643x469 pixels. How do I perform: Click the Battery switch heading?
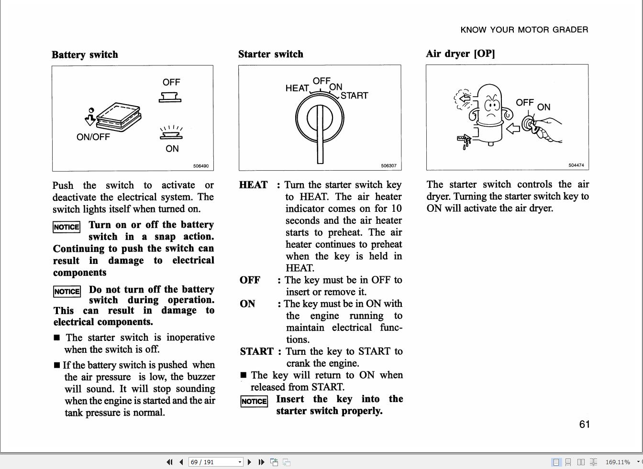coord(85,55)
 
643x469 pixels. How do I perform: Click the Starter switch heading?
coord(271,54)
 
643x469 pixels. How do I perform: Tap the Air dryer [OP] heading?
coord(460,54)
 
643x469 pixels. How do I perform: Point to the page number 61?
coord(584,424)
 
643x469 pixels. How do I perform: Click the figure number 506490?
coord(201,166)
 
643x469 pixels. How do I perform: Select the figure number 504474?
coord(576,165)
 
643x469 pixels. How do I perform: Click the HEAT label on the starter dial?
coord(297,88)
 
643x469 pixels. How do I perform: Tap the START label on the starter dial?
coord(354,96)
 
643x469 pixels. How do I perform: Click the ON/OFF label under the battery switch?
coord(93,137)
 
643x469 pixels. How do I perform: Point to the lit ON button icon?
coord(171,132)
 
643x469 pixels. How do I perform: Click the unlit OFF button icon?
coord(170,97)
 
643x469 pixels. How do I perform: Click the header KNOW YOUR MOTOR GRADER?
coord(524,30)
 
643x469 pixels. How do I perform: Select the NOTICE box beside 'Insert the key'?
coord(254,401)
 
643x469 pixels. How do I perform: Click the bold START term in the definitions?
coord(257,351)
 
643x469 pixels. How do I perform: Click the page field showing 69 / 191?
coord(216,462)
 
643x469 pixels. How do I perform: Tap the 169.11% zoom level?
coord(618,462)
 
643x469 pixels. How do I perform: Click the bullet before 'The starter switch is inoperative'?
coord(57,338)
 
